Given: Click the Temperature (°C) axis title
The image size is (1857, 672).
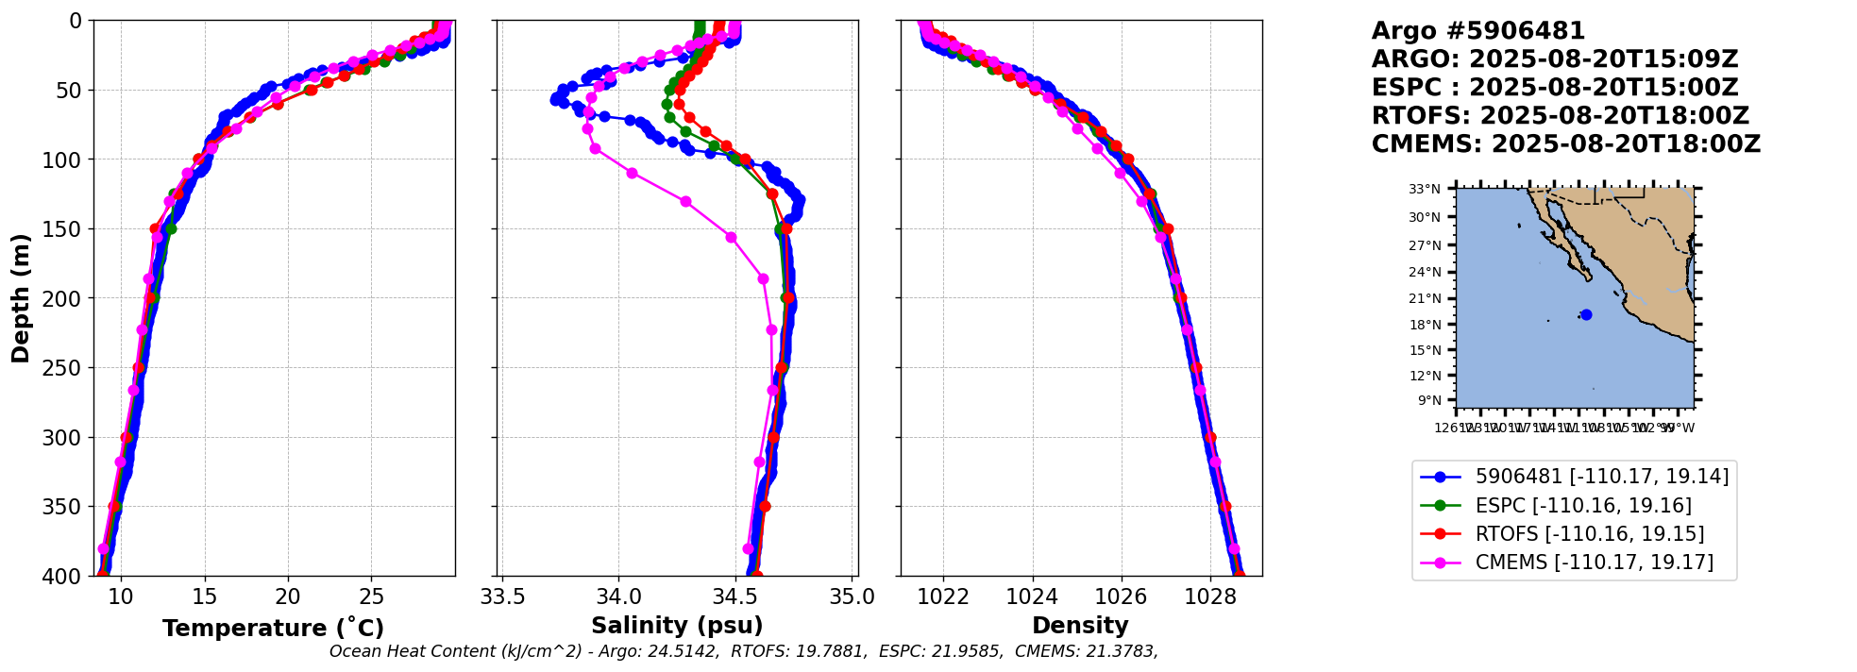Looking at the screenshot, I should point(273,629).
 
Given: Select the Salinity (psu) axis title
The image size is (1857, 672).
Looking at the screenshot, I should point(677,626).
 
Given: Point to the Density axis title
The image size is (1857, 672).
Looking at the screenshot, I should point(1080,626).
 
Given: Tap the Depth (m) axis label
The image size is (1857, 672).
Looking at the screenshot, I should point(21,298).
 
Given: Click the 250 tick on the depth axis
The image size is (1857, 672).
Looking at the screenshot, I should point(66,368).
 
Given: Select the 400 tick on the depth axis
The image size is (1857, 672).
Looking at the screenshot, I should point(66,576).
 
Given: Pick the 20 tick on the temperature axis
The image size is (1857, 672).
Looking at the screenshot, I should point(288,596).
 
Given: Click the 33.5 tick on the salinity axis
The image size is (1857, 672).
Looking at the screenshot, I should point(502,596).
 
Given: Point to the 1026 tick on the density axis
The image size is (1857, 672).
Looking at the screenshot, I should point(1121,596).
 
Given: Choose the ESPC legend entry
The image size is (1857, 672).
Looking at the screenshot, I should point(1582,506).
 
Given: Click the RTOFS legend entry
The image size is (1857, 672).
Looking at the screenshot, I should point(1589,534).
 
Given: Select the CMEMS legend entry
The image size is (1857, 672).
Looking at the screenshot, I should point(1594,563).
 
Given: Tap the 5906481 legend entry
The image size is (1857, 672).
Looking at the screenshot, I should point(1601,477).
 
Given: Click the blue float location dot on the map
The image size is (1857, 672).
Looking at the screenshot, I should point(1586,315).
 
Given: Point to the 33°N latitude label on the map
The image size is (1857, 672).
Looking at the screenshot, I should point(1425,190).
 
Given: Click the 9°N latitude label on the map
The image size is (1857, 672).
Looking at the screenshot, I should point(1428,400).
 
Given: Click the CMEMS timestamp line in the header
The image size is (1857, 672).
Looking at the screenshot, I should point(1565,144).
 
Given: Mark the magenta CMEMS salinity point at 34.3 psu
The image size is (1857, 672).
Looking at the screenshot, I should point(686,202).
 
